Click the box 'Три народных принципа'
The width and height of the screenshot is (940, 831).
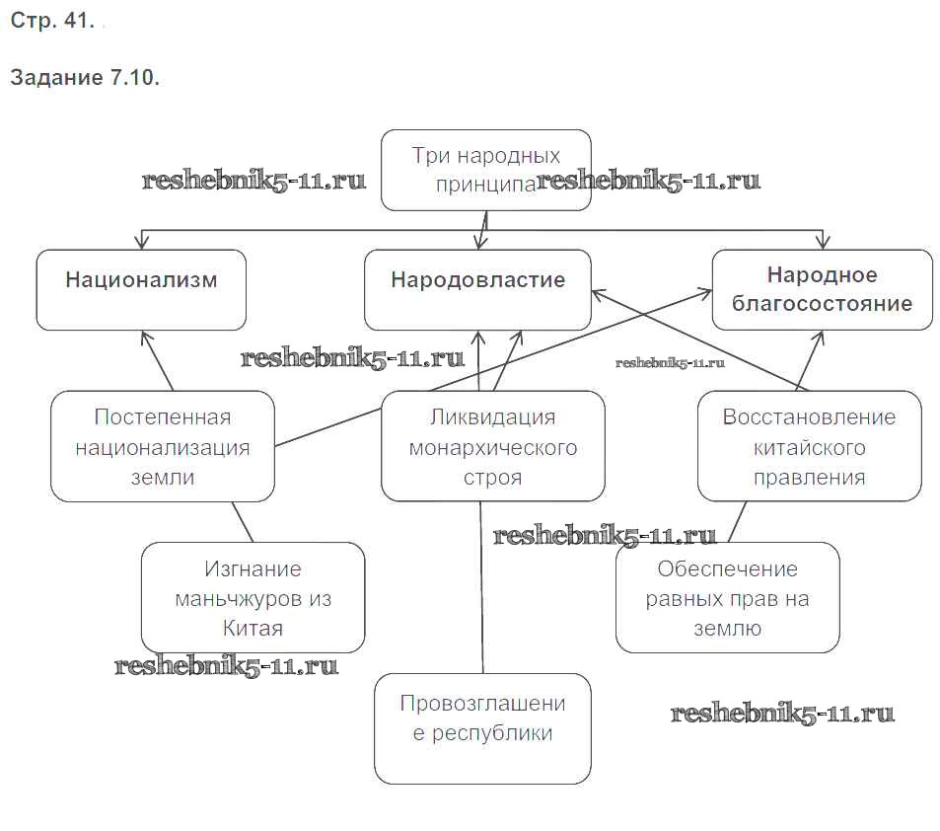coord(485,170)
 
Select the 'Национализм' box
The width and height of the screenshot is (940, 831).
coord(141,289)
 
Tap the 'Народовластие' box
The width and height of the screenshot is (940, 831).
coord(477,289)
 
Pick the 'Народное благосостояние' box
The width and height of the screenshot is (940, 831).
coord(822,289)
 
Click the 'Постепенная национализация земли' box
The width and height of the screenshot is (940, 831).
coord(163,446)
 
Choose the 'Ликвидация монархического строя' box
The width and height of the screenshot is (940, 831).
coord(492,446)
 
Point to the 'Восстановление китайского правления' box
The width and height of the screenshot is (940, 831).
coord(809,446)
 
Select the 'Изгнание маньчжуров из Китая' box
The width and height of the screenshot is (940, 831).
coord(253,598)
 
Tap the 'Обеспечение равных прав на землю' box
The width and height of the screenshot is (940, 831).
coord(727,598)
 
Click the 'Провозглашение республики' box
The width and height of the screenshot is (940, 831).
coord(482,728)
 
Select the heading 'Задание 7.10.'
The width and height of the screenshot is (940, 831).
coord(85,78)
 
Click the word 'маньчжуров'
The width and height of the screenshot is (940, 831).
coord(253,599)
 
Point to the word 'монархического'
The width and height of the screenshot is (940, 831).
coord(492,447)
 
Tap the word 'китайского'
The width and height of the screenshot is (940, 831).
coord(809,447)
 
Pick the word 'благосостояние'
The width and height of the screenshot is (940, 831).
coord(822,304)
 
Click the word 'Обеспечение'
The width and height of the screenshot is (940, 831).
coord(727,569)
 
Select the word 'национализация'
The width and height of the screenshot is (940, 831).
coord(163,447)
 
